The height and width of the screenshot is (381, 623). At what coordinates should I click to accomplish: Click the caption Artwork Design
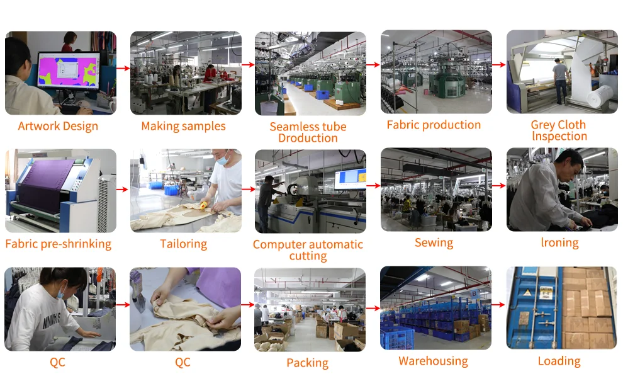click(x=58, y=126)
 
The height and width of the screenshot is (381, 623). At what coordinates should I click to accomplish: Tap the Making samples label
click(x=183, y=126)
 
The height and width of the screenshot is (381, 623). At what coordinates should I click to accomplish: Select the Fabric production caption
click(x=434, y=125)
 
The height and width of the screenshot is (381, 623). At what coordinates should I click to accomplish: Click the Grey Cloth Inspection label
click(x=559, y=130)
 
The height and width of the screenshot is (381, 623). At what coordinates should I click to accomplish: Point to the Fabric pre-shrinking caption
click(x=58, y=244)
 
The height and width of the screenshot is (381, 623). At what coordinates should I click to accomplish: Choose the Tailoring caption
click(x=183, y=244)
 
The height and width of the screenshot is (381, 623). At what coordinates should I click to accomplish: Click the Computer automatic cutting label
click(x=308, y=250)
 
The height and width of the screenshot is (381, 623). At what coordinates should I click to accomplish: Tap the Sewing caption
click(x=434, y=242)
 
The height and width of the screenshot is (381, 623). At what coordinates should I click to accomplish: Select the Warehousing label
click(x=433, y=361)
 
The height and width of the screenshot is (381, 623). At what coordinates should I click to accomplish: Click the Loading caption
click(x=559, y=361)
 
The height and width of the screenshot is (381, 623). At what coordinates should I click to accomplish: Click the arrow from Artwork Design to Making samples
click(x=123, y=66)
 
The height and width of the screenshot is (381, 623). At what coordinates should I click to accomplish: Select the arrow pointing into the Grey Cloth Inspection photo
click(x=499, y=65)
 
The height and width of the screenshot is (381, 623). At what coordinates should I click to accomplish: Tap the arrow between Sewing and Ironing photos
click(x=499, y=186)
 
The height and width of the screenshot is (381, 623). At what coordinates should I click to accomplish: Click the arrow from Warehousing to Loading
click(x=498, y=305)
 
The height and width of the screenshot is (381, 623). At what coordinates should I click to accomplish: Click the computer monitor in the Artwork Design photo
click(x=68, y=71)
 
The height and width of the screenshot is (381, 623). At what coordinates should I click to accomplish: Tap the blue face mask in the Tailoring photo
click(x=222, y=161)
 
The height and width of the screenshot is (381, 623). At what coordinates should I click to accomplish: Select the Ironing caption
click(x=559, y=242)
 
